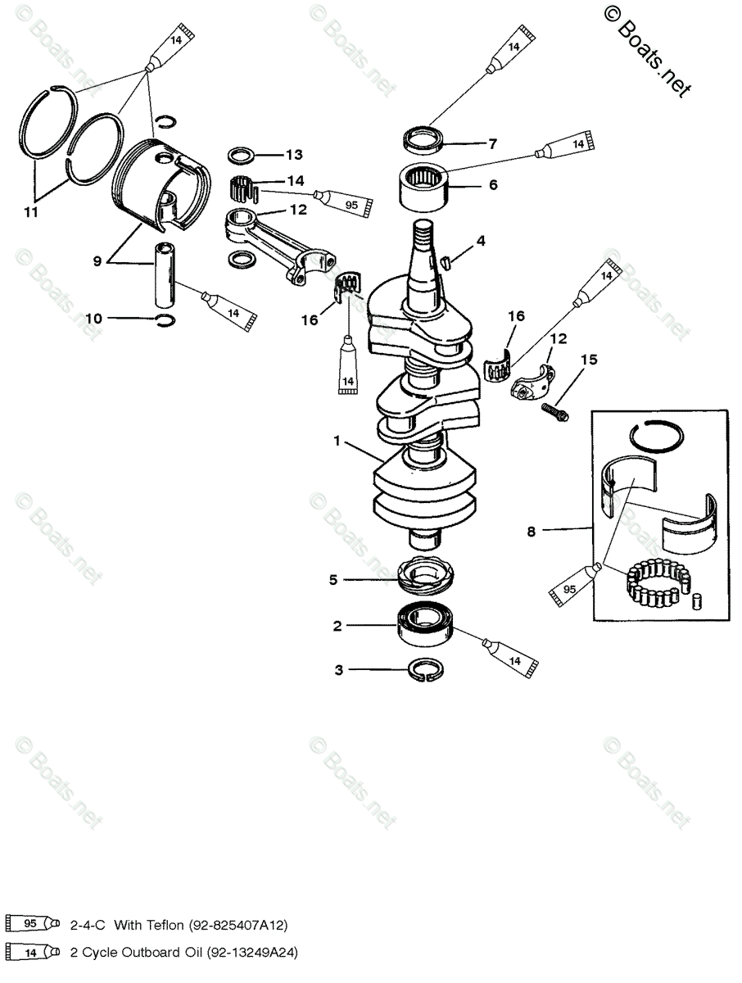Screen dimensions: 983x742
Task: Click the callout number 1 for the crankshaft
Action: (337, 441)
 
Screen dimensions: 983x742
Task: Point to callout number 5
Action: (333, 580)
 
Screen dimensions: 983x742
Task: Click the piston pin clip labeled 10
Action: (166, 319)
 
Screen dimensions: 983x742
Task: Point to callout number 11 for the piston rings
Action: (31, 213)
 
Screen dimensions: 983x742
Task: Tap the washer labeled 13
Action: (241, 154)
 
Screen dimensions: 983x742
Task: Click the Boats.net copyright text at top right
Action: (647, 49)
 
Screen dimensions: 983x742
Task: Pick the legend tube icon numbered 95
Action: (32, 924)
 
